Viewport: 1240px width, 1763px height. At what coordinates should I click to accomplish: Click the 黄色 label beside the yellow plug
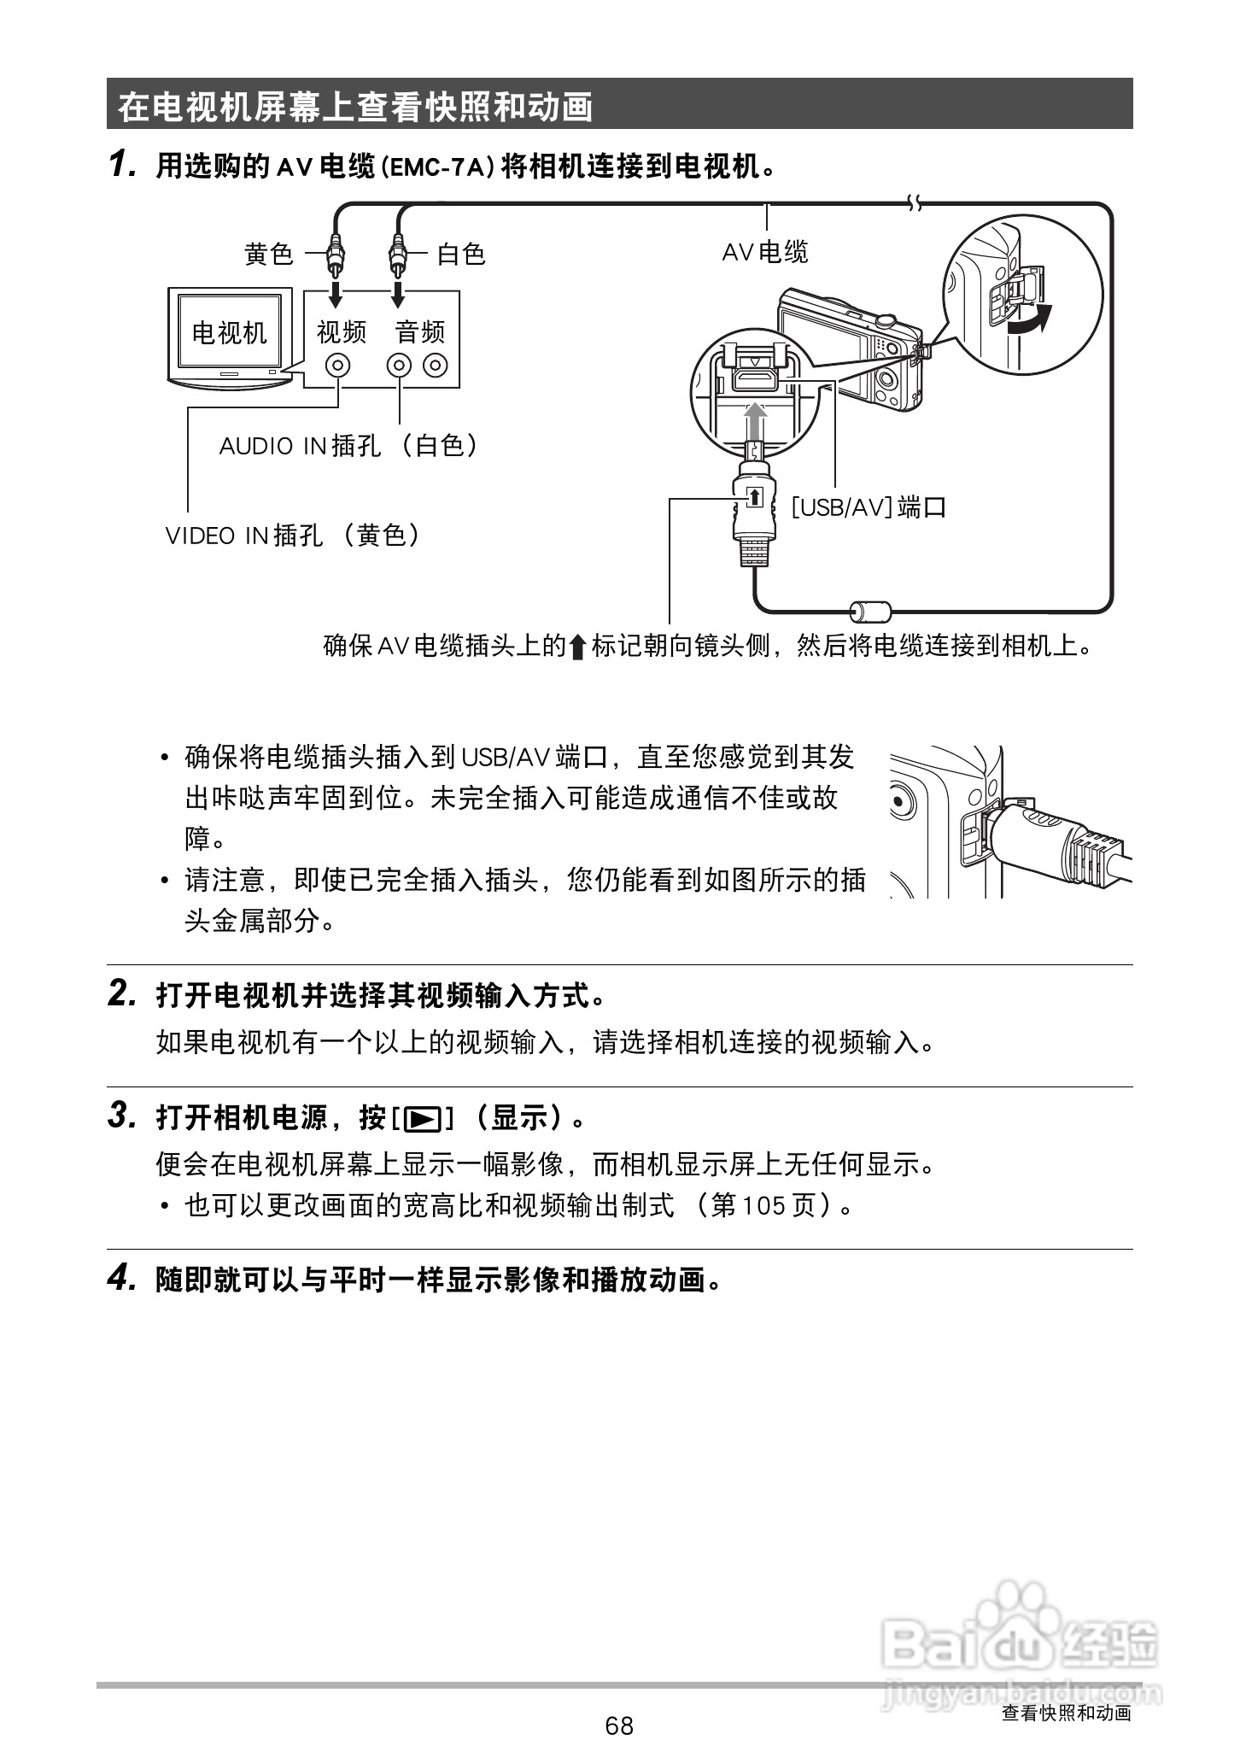click(268, 254)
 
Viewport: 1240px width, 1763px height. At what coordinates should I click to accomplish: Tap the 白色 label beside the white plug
click(461, 254)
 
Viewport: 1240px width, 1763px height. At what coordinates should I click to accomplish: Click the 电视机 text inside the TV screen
click(229, 332)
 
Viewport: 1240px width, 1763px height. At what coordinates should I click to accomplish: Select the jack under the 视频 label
click(339, 366)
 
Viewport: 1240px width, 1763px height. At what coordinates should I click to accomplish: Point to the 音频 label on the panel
click(420, 331)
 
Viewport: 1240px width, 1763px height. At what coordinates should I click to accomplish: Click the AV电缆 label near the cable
click(765, 252)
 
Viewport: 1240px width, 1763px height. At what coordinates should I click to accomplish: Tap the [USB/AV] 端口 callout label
click(869, 507)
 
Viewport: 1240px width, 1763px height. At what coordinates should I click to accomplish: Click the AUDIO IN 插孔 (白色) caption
click(349, 445)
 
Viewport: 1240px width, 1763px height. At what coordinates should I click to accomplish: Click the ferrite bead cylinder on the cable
click(870, 610)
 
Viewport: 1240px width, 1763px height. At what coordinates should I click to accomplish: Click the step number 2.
click(121, 993)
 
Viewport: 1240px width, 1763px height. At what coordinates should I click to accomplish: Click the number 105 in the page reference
click(762, 1205)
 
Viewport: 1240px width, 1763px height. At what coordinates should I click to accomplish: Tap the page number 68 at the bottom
click(619, 1725)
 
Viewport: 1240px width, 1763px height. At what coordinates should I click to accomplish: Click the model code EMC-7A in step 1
click(436, 167)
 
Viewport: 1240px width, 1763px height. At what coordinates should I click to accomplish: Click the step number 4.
click(121, 1278)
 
